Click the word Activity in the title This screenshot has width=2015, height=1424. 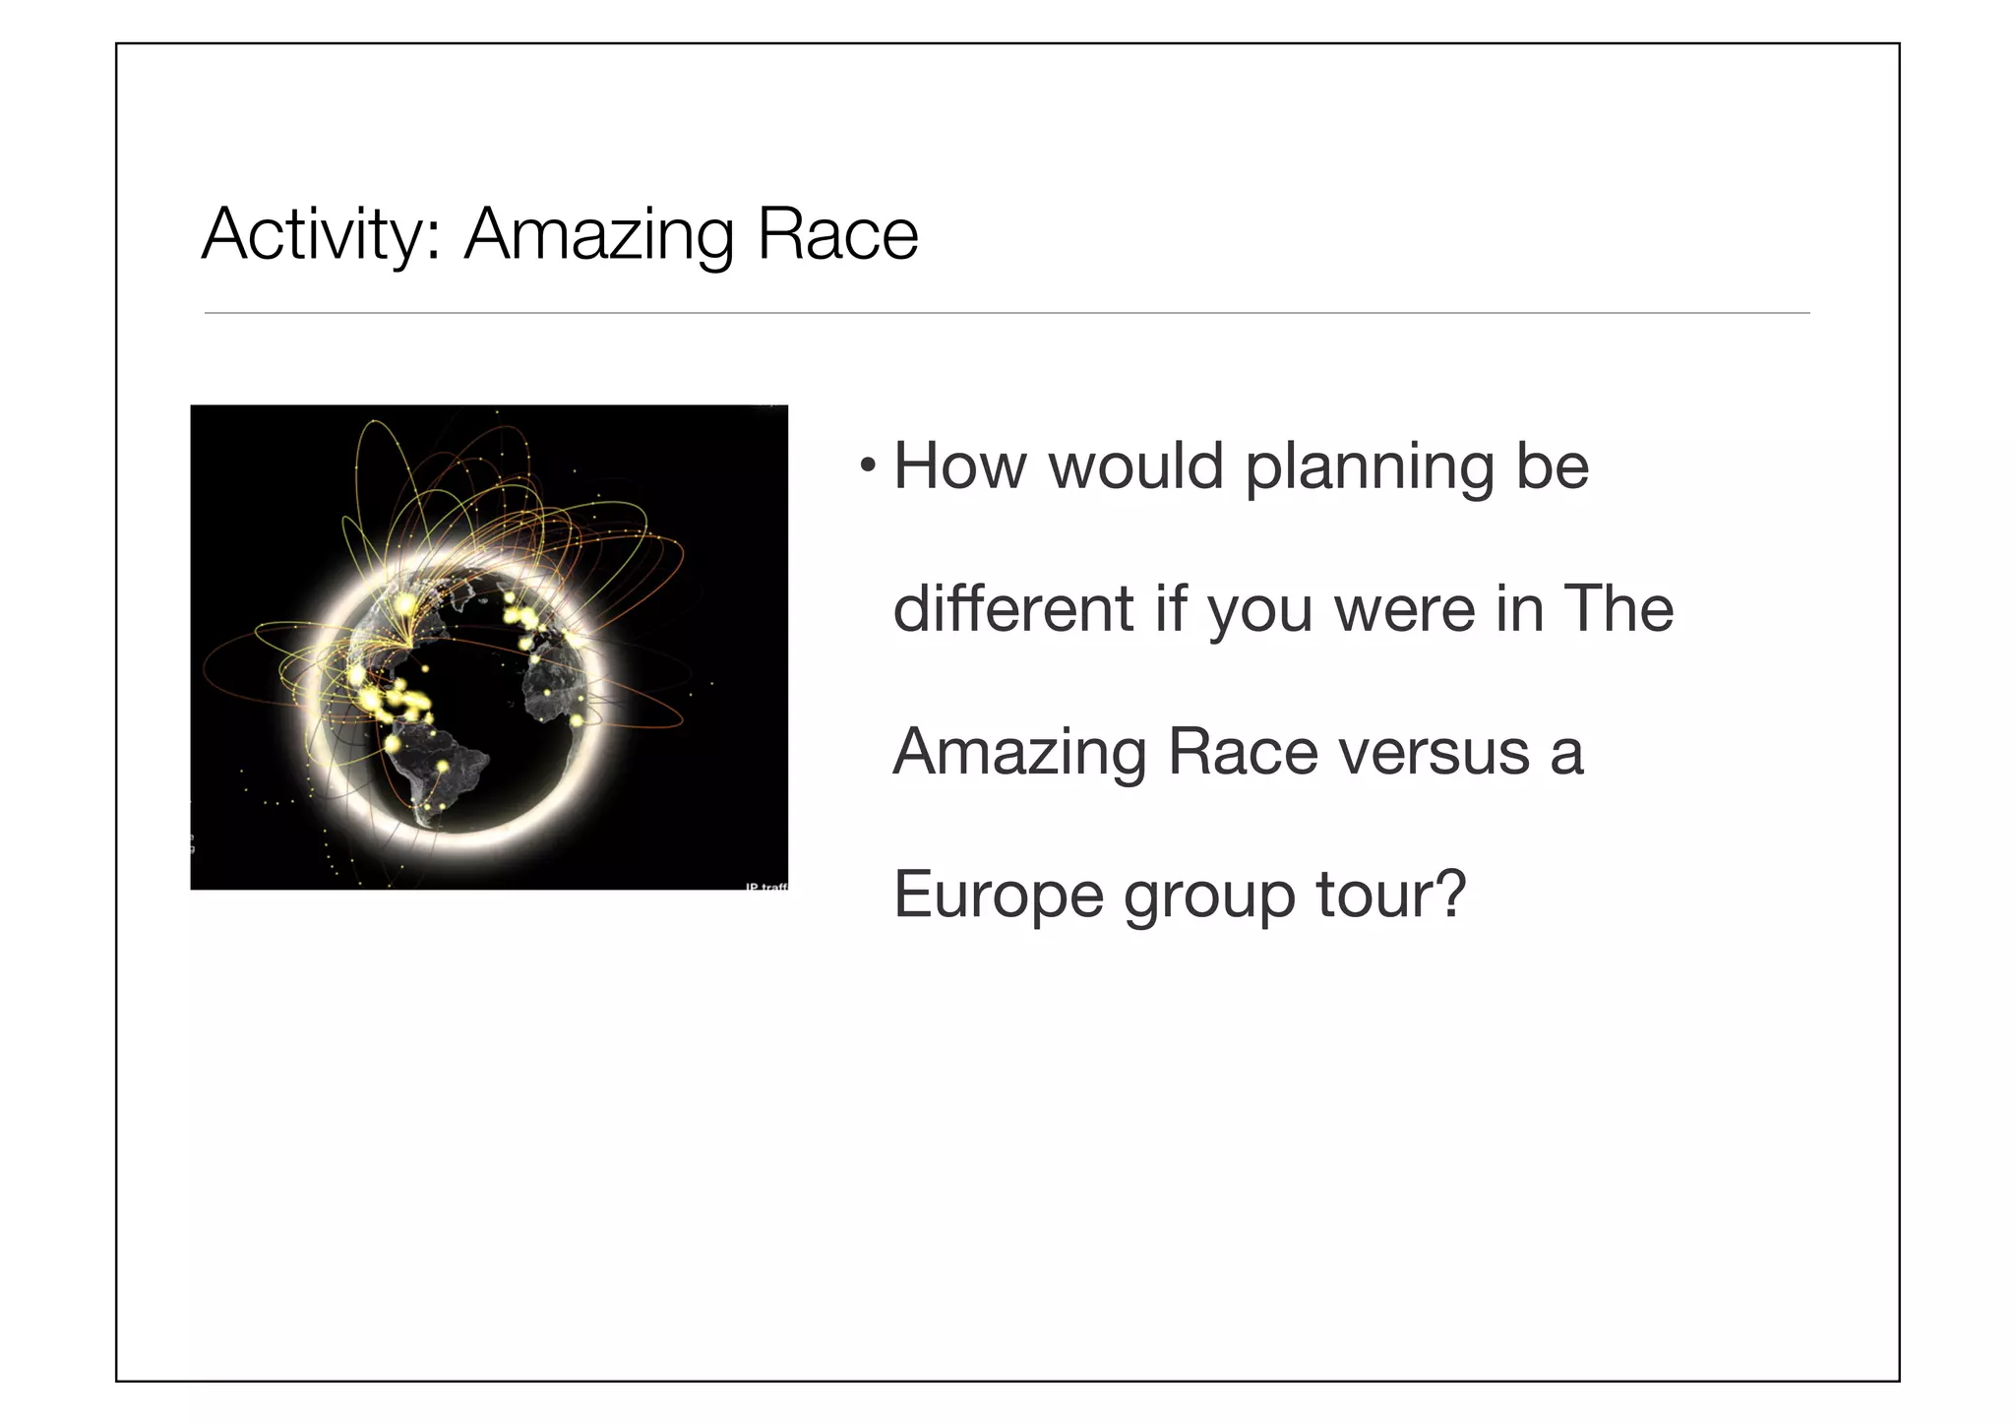[321, 235]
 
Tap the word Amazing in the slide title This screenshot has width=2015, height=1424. [598, 235]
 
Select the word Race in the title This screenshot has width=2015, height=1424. [837, 235]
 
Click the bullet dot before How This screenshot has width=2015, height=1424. [866, 464]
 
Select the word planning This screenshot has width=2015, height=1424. [1369, 467]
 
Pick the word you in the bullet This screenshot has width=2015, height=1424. [1260, 610]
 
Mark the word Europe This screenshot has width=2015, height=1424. [998, 896]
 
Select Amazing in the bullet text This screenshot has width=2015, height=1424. [1019, 753]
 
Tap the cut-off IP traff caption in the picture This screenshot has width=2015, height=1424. [766, 887]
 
